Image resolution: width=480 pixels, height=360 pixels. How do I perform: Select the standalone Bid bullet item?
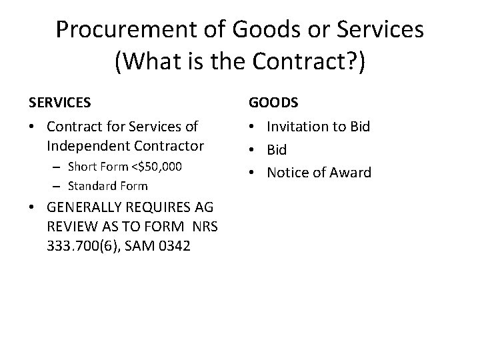(x=277, y=150)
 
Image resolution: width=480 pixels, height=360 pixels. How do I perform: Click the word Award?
(x=347, y=173)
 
